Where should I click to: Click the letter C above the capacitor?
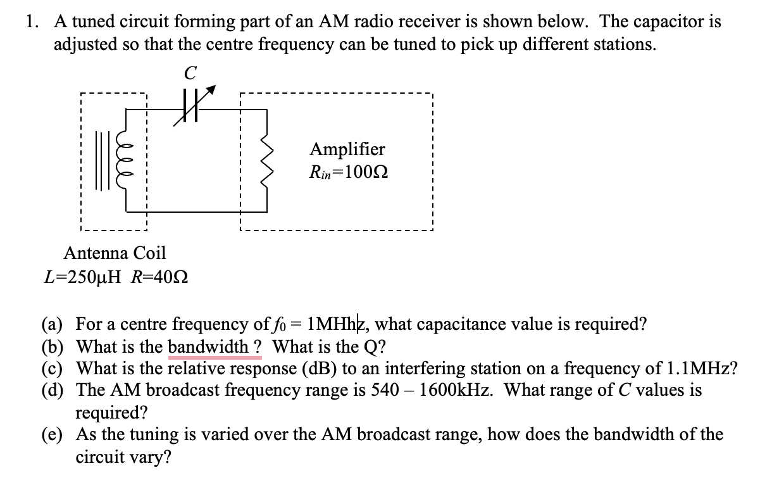[187, 73]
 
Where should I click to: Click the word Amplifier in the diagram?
[347, 149]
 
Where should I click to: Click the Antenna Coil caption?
[115, 253]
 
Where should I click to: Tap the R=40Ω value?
[150, 277]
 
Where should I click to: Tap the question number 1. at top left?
[33, 22]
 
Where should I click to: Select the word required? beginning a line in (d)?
[112, 413]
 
